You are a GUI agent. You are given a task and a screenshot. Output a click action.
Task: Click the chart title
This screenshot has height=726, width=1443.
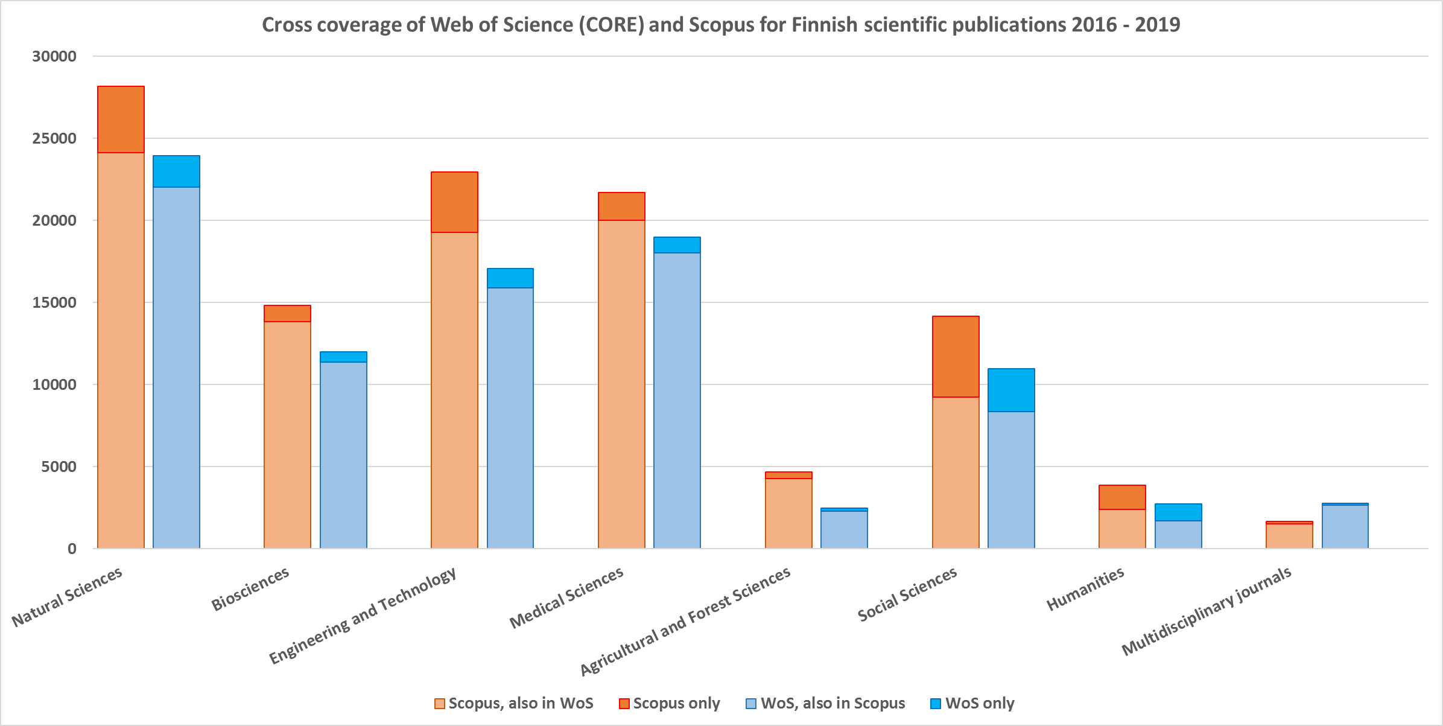pyautogui.click(x=721, y=25)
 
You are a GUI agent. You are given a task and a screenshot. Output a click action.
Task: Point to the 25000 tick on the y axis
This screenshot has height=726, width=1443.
pyautogui.click(x=54, y=138)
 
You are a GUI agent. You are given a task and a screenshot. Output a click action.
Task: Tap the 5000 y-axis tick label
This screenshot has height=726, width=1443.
pyautogui.click(x=59, y=466)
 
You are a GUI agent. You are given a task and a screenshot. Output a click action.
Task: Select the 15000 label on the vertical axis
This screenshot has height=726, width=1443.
pyautogui.click(x=54, y=302)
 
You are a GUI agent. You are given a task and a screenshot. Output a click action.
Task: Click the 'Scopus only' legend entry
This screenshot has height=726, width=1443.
pyautogui.click(x=670, y=703)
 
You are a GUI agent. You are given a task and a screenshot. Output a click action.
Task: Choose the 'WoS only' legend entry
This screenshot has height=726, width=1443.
pyautogui.click(x=972, y=703)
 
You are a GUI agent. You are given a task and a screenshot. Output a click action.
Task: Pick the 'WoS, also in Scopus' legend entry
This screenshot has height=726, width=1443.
pyautogui.click(x=826, y=703)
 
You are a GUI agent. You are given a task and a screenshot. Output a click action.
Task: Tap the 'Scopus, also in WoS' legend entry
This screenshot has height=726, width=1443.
pyautogui.click(x=514, y=703)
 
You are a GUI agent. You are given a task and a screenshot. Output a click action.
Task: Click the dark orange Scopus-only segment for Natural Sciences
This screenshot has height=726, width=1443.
pyautogui.click(x=121, y=119)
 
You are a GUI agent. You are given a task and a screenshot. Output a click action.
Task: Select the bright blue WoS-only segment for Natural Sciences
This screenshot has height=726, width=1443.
pyautogui.click(x=176, y=171)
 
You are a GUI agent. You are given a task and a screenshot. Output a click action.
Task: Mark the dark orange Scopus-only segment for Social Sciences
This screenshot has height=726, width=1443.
pyautogui.click(x=956, y=357)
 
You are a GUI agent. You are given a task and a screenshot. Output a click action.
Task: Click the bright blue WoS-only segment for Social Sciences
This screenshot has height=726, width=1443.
pyautogui.click(x=1011, y=390)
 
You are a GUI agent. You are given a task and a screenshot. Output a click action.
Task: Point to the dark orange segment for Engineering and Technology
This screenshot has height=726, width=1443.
pyautogui.click(x=454, y=202)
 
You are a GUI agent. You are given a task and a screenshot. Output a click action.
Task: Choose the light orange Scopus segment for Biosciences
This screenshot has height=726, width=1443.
pyautogui.click(x=287, y=435)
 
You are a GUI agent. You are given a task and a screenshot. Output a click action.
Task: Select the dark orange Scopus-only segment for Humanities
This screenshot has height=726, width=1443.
pyautogui.click(x=1122, y=497)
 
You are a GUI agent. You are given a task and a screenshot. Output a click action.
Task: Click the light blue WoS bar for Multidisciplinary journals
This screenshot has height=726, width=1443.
pyautogui.click(x=1345, y=526)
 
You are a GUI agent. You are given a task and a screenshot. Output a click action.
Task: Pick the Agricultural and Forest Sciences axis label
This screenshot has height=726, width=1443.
pyautogui.click(x=685, y=621)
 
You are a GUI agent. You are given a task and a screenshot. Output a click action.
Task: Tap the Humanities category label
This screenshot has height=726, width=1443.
pyautogui.click(x=1085, y=588)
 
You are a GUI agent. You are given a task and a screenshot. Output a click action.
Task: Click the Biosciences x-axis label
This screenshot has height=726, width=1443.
pyautogui.click(x=250, y=588)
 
